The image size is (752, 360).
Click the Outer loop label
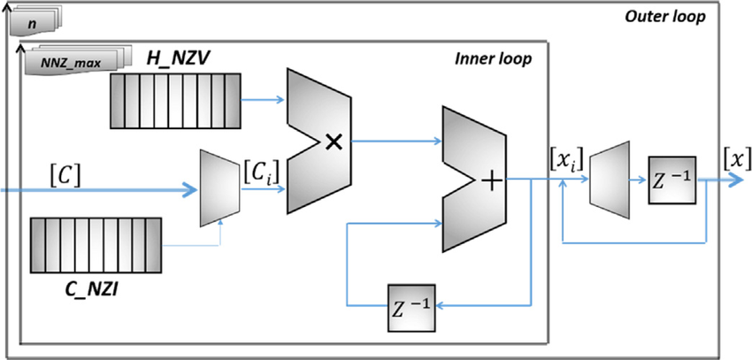(x=664, y=17)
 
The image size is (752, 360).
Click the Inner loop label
(x=494, y=59)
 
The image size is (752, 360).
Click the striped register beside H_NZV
(x=176, y=103)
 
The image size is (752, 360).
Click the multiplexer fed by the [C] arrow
(x=217, y=188)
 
